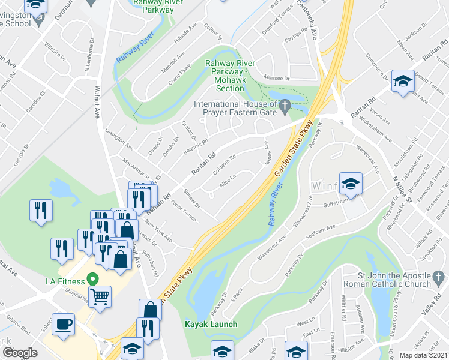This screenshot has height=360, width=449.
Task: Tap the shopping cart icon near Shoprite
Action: (101, 295)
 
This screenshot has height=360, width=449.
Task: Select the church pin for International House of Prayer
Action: (286, 106)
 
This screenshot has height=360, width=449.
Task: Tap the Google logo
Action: (20, 353)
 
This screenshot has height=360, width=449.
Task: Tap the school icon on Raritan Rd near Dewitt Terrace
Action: (403, 82)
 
